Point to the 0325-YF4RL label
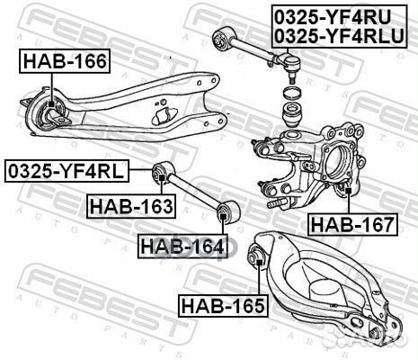click(67, 170)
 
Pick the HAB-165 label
click(222, 305)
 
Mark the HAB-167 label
click(351, 223)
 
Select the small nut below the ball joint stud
click(291, 94)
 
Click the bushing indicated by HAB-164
click(226, 212)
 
